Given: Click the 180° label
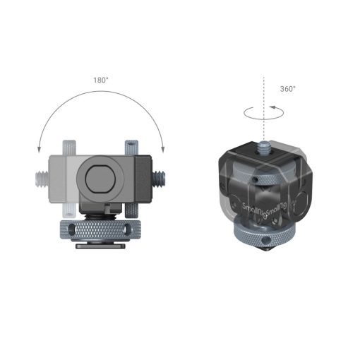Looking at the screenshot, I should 101,80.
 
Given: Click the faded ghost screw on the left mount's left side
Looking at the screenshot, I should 40,173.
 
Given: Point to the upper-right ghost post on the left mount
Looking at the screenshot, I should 131,148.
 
